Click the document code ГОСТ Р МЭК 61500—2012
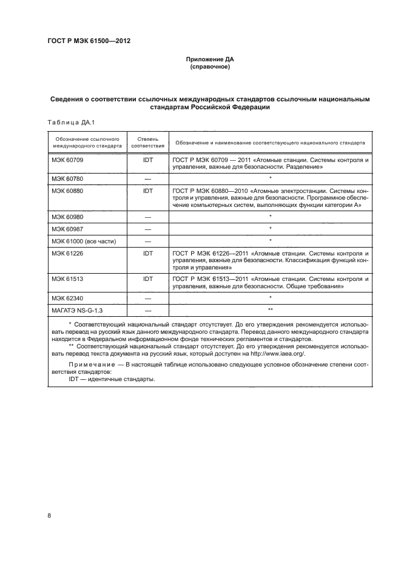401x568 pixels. pos(89,41)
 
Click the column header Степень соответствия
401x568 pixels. pos(147,143)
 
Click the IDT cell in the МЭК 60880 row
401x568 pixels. pos(147,191)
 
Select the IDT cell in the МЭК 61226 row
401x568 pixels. pos(147,254)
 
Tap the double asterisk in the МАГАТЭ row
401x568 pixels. pos(270,309)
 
